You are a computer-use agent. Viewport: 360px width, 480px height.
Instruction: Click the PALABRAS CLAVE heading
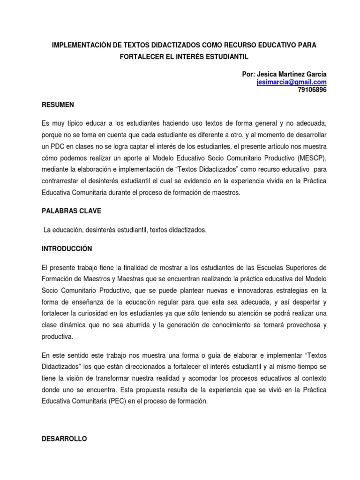71,211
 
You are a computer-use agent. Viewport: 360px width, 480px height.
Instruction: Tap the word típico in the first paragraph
76,122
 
